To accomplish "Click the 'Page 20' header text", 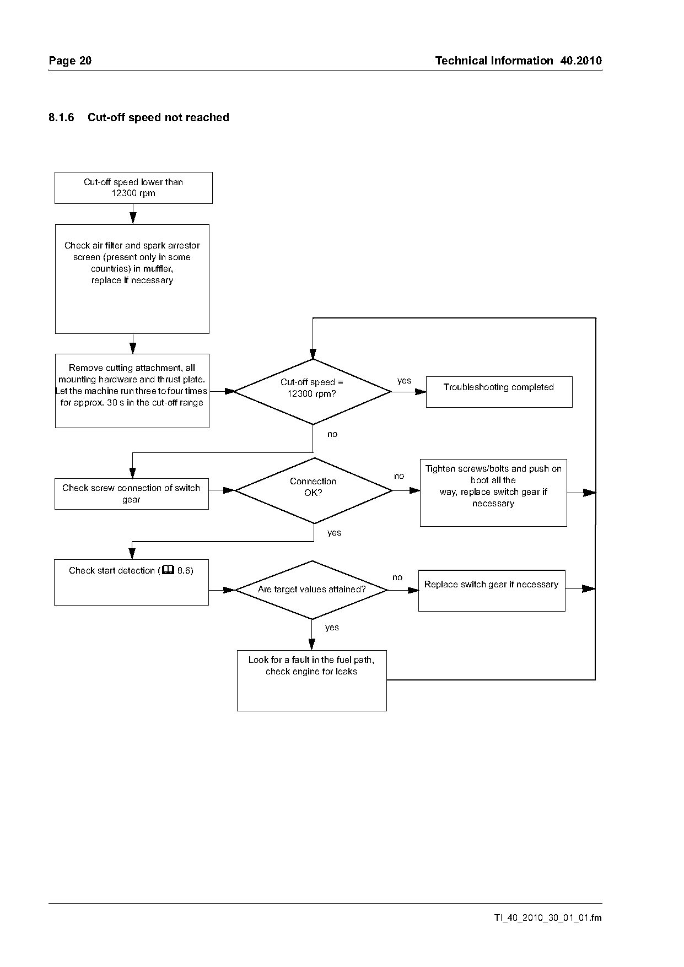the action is click(x=70, y=61).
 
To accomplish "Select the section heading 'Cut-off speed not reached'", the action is click(x=158, y=117).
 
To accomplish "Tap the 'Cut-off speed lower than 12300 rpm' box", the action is click(x=133, y=188).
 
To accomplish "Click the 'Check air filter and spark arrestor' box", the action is click(x=132, y=279).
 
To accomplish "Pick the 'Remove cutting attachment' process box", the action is click(x=132, y=391).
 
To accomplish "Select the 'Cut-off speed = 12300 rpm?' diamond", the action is click(x=313, y=392).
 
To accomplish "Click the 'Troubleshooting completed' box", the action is click(x=499, y=392).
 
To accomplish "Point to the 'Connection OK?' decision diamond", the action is click(x=314, y=490).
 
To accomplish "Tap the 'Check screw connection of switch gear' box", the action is click(x=132, y=494).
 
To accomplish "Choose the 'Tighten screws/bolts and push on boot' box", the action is click(x=493, y=493).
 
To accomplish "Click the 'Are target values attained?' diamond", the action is click(x=312, y=590).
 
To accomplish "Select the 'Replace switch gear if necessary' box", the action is click(x=492, y=590).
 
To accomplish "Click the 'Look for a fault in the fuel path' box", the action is click(x=312, y=680).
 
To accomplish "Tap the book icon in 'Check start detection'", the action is click(x=169, y=570).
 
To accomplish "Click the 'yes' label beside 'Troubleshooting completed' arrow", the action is click(x=404, y=381).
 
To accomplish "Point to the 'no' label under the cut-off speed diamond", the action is click(x=332, y=434).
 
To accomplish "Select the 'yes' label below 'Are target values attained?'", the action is click(x=332, y=628).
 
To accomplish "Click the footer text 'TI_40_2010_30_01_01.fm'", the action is click(x=548, y=918).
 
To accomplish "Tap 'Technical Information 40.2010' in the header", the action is click(x=519, y=61).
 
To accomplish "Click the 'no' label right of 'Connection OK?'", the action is click(x=399, y=476).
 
